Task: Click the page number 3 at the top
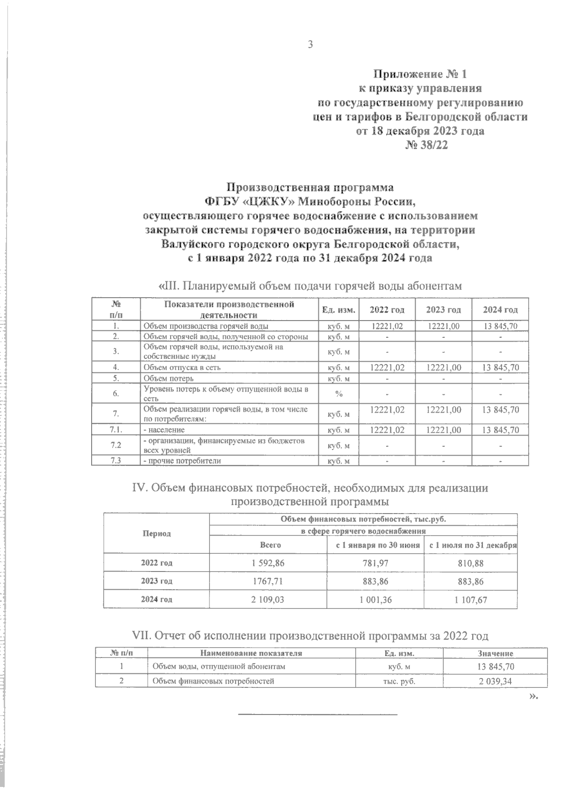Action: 309,44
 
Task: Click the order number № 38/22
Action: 426,145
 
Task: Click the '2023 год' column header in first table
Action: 444,310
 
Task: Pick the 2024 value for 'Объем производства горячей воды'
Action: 501,326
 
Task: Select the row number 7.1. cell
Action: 116,429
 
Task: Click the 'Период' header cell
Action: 157,533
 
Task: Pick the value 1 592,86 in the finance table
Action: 268,563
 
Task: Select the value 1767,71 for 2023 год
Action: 268,581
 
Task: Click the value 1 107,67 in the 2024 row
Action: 470,600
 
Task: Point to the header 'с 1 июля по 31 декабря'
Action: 470,545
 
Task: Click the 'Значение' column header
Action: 496,653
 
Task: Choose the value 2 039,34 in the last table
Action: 496,681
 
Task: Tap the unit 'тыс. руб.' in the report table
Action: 399,681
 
